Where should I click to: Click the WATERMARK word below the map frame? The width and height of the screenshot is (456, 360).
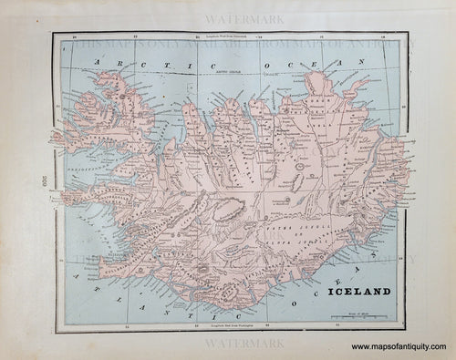pos(232,345)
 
